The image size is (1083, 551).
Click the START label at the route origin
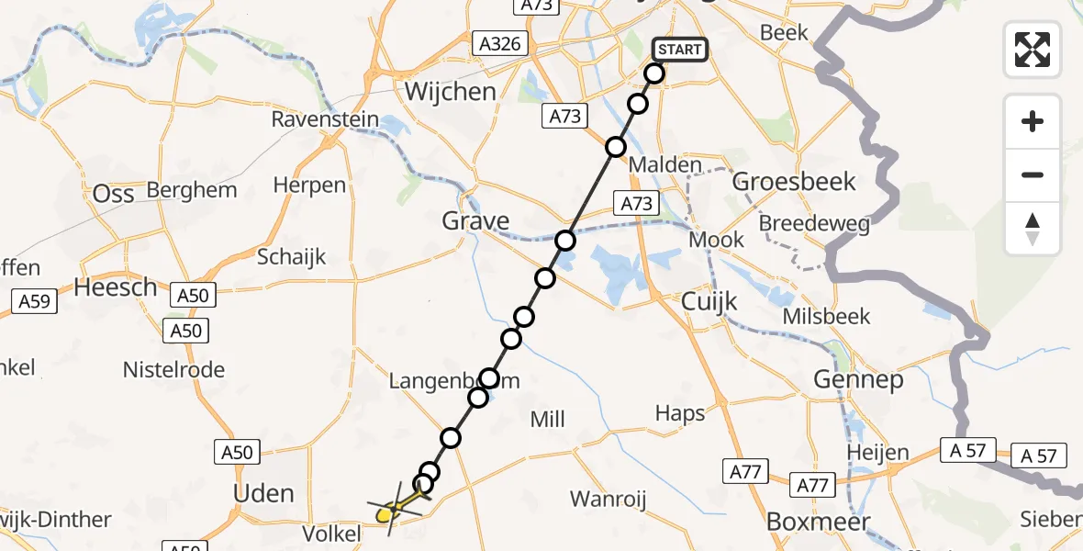(680, 50)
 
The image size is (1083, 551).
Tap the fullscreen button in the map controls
(1033, 50)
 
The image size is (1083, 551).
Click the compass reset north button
(1033, 229)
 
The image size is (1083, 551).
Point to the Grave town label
(475, 220)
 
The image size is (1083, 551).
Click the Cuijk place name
(709, 301)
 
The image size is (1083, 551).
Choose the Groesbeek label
(794, 182)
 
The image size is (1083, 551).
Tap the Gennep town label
(857, 379)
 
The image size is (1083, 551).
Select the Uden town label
(263, 494)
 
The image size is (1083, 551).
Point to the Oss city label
(114, 194)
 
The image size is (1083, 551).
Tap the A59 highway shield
(34, 300)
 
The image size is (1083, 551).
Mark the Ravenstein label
(325, 120)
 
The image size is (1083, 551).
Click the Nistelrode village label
(174, 370)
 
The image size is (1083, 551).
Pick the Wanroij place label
(608, 500)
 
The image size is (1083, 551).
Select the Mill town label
(548, 420)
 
